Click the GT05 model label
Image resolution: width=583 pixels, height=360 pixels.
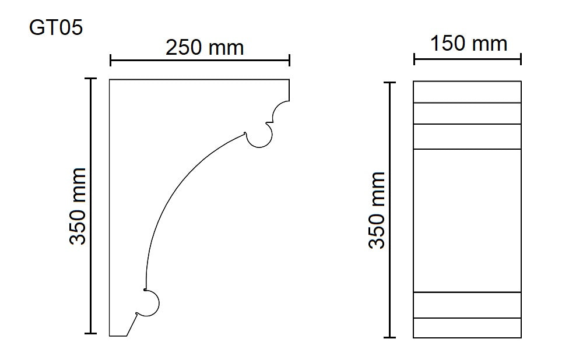click(x=56, y=27)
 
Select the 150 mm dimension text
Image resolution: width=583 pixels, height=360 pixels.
click(x=469, y=43)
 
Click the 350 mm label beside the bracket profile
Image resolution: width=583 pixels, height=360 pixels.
click(x=78, y=206)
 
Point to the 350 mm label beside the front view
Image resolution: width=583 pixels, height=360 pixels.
click(x=378, y=210)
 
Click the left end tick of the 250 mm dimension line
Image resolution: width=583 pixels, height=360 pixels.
click(x=110, y=60)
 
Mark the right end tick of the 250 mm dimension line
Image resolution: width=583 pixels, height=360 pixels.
click(x=290, y=60)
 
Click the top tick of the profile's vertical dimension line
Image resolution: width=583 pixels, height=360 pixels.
click(x=90, y=79)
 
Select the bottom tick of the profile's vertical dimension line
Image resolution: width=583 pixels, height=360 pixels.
click(x=90, y=333)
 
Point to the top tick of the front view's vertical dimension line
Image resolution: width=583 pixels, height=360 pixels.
click(x=389, y=83)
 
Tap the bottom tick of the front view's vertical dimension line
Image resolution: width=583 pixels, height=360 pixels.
click(x=389, y=337)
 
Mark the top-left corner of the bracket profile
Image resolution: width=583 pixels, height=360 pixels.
click(x=110, y=80)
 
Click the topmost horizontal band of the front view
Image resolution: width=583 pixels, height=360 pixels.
click(x=467, y=92)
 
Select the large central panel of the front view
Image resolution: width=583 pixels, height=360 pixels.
click(x=467, y=220)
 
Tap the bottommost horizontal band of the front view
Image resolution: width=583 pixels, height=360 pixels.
click(x=467, y=327)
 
